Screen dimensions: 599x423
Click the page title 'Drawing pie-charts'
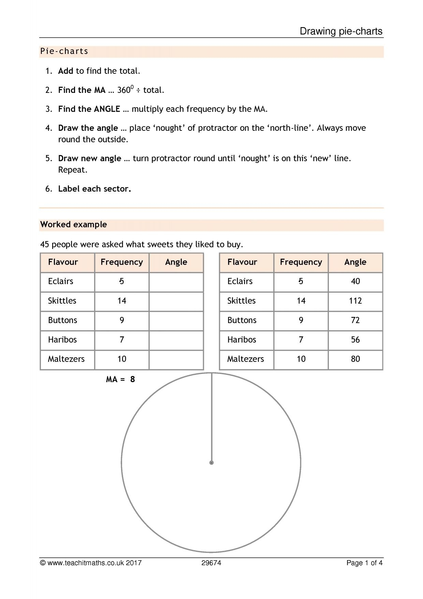point(341,31)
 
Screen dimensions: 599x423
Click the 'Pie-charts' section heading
point(64,51)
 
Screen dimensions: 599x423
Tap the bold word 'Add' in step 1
point(65,71)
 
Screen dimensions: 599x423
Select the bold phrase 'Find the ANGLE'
point(89,109)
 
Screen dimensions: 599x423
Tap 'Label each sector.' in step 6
point(94,189)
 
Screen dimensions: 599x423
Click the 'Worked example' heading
point(73,225)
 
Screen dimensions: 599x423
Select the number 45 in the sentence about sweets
point(45,245)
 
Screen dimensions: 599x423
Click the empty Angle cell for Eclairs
point(176,282)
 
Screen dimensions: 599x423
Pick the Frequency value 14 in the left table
point(122,301)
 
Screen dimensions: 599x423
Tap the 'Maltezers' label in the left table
point(66,359)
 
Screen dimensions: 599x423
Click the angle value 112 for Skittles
point(355,301)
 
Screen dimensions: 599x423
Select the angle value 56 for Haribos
point(355,340)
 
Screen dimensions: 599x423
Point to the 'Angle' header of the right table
point(355,262)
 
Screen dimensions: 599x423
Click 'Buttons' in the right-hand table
point(242,320)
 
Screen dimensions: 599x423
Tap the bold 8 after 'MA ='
point(132,379)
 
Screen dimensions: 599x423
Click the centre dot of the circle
point(211,463)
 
